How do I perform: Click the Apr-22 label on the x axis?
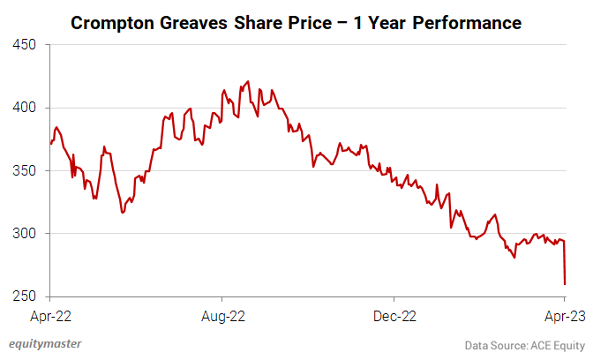51,314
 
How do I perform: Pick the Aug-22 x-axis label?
222,314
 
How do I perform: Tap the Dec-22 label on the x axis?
394,314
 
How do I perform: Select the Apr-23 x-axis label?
565,314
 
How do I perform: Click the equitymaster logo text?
42,344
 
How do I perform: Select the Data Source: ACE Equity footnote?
525,344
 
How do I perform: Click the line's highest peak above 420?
247,81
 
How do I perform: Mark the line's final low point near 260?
565,284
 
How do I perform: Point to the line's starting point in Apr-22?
51,143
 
